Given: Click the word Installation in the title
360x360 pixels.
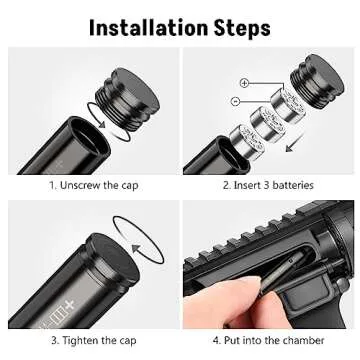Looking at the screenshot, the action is pos(149,28).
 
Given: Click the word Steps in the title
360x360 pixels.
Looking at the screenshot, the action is pos(242,29).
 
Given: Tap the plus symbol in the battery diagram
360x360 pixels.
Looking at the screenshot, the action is pos(244,83).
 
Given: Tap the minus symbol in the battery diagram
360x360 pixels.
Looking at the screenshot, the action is pos(235,101).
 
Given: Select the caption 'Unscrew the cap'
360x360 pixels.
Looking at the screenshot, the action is pos(99,186).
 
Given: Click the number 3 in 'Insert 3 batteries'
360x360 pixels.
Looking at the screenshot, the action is pos(266,185).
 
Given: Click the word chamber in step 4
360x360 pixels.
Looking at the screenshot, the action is pos(303,340).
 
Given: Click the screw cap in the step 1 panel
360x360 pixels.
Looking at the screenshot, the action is pos(127,98).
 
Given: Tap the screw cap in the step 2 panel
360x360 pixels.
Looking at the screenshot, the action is pos(316,81).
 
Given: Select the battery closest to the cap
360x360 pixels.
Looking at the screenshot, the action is pos(288,106).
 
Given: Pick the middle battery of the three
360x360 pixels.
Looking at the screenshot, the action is pos(267,122).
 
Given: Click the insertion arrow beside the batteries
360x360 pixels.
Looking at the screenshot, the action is pos(295,142).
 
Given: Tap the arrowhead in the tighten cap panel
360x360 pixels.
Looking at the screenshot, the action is pos(136,248).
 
